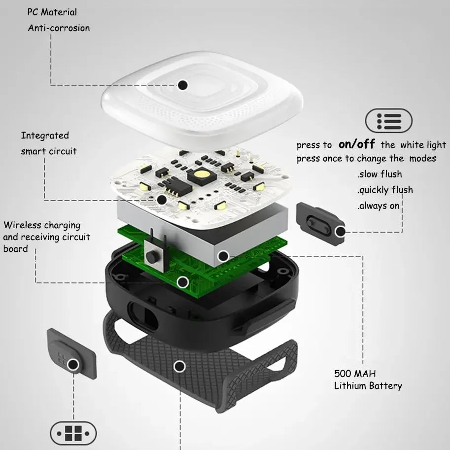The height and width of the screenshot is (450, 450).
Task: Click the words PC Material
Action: [52, 12]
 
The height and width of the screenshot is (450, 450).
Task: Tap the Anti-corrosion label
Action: [59, 28]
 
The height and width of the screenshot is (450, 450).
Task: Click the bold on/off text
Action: [357, 144]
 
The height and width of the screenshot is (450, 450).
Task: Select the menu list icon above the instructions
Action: [388, 121]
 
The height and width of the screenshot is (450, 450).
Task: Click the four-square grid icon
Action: [73, 433]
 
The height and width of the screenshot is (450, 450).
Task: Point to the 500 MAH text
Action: [355, 374]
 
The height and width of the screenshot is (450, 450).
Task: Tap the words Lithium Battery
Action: [368, 386]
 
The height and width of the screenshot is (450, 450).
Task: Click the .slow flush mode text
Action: [380, 174]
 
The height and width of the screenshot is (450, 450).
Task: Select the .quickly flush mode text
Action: [385, 190]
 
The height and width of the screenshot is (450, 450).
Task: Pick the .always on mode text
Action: [378, 206]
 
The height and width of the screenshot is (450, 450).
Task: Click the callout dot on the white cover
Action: [183, 85]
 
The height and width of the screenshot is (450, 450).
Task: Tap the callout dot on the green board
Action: [182, 282]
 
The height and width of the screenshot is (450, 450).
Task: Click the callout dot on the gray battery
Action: [223, 256]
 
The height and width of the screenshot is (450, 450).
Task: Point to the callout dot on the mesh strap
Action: [180, 367]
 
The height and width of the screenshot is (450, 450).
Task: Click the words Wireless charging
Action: [42, 225]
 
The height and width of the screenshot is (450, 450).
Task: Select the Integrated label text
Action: [45, 136]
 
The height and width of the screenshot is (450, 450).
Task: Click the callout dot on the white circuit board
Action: [162, 200]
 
